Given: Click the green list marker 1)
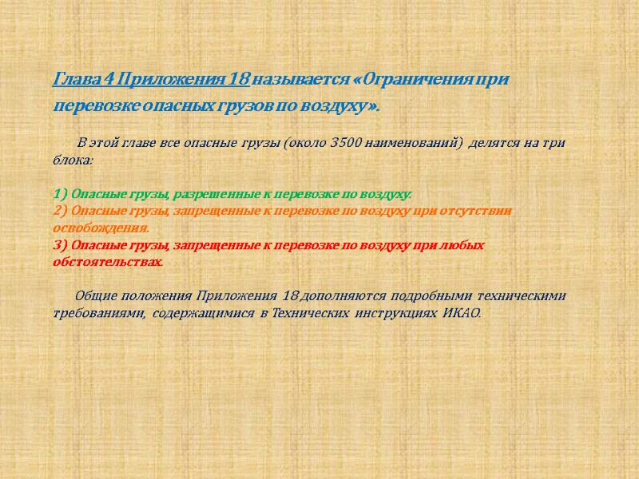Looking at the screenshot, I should (60, 194).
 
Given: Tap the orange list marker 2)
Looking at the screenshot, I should (60, 211).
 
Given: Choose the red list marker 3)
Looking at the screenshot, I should (60, 245).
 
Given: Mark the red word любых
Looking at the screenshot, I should (465, 245).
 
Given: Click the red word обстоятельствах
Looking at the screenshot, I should (108, 262).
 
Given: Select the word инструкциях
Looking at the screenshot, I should (395, 313).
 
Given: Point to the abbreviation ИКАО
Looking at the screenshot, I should (462, 313).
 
